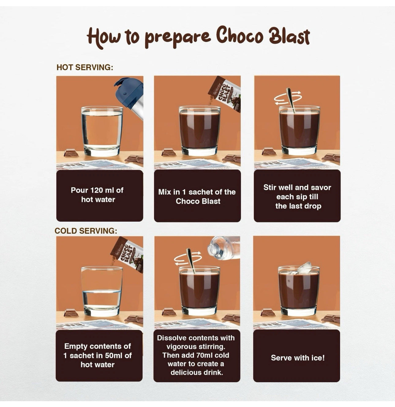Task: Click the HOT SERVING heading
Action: (85, 68)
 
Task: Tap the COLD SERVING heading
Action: (86, 231)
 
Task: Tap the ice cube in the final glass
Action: (304, 268)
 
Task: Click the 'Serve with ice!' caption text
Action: (297, 358)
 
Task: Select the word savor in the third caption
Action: (320, 187)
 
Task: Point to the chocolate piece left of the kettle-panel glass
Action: (71, 153)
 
